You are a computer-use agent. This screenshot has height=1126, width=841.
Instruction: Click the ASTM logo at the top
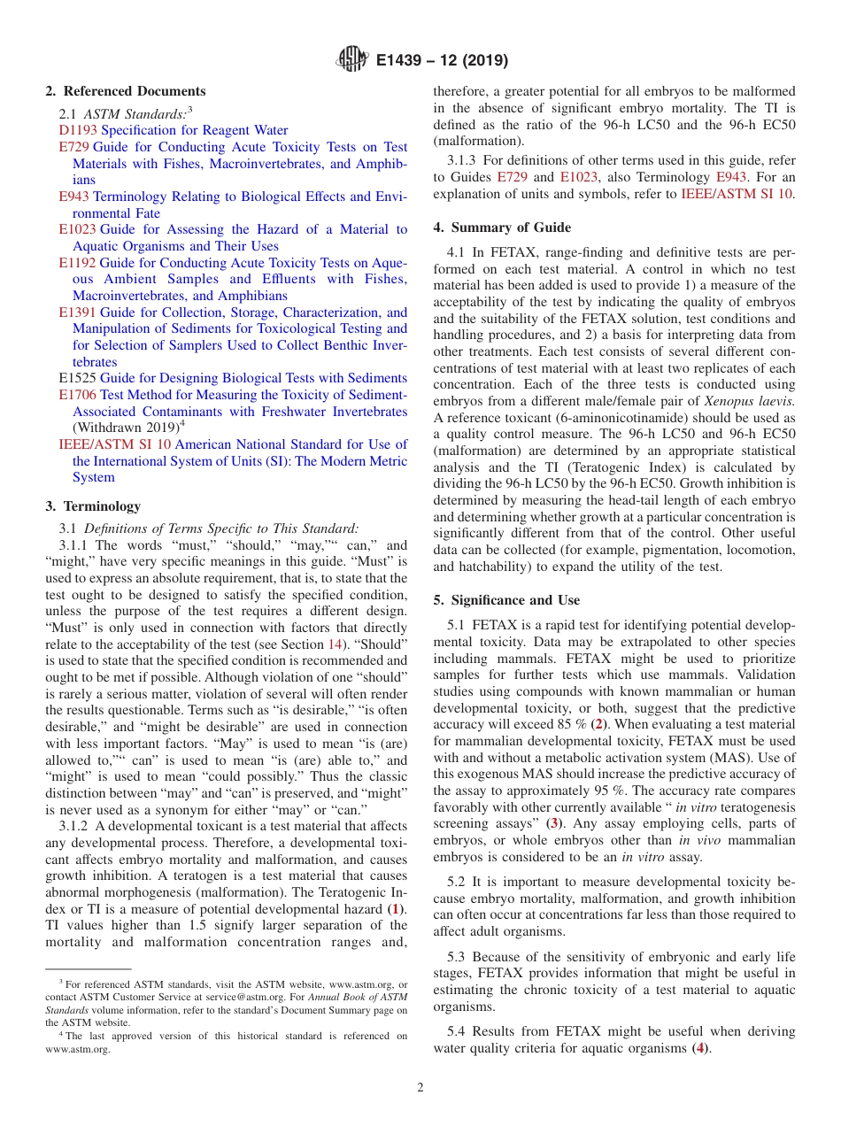pyautogui.click(x=353, y=60)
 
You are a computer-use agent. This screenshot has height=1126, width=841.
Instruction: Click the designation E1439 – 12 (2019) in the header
pyautogui.click(x=442, y=61)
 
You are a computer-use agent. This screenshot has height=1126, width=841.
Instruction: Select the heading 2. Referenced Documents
pyautogui.click(x=126, y=91)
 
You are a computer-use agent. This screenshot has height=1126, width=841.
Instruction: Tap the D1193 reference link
pyautogui.click(x=77, y=130)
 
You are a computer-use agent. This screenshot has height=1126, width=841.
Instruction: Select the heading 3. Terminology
pyautogui.click(x=93, y=506)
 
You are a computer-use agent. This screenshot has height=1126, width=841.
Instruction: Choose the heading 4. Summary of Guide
pyautogui.click(x=502, y=228)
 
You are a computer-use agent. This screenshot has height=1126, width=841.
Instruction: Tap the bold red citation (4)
pyautogui.click(x=700, y=1048)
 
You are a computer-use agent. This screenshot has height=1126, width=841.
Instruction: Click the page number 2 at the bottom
pyautogui.click(x=420, y=1088)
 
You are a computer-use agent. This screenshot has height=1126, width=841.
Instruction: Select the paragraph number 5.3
pyautogui.click(x=459, y=957)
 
